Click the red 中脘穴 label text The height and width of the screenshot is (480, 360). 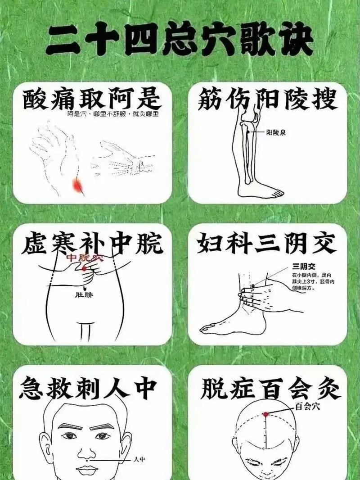[85, 258]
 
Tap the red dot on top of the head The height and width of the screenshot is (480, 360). [266, 414]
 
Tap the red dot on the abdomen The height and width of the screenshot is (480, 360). [84, 268]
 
